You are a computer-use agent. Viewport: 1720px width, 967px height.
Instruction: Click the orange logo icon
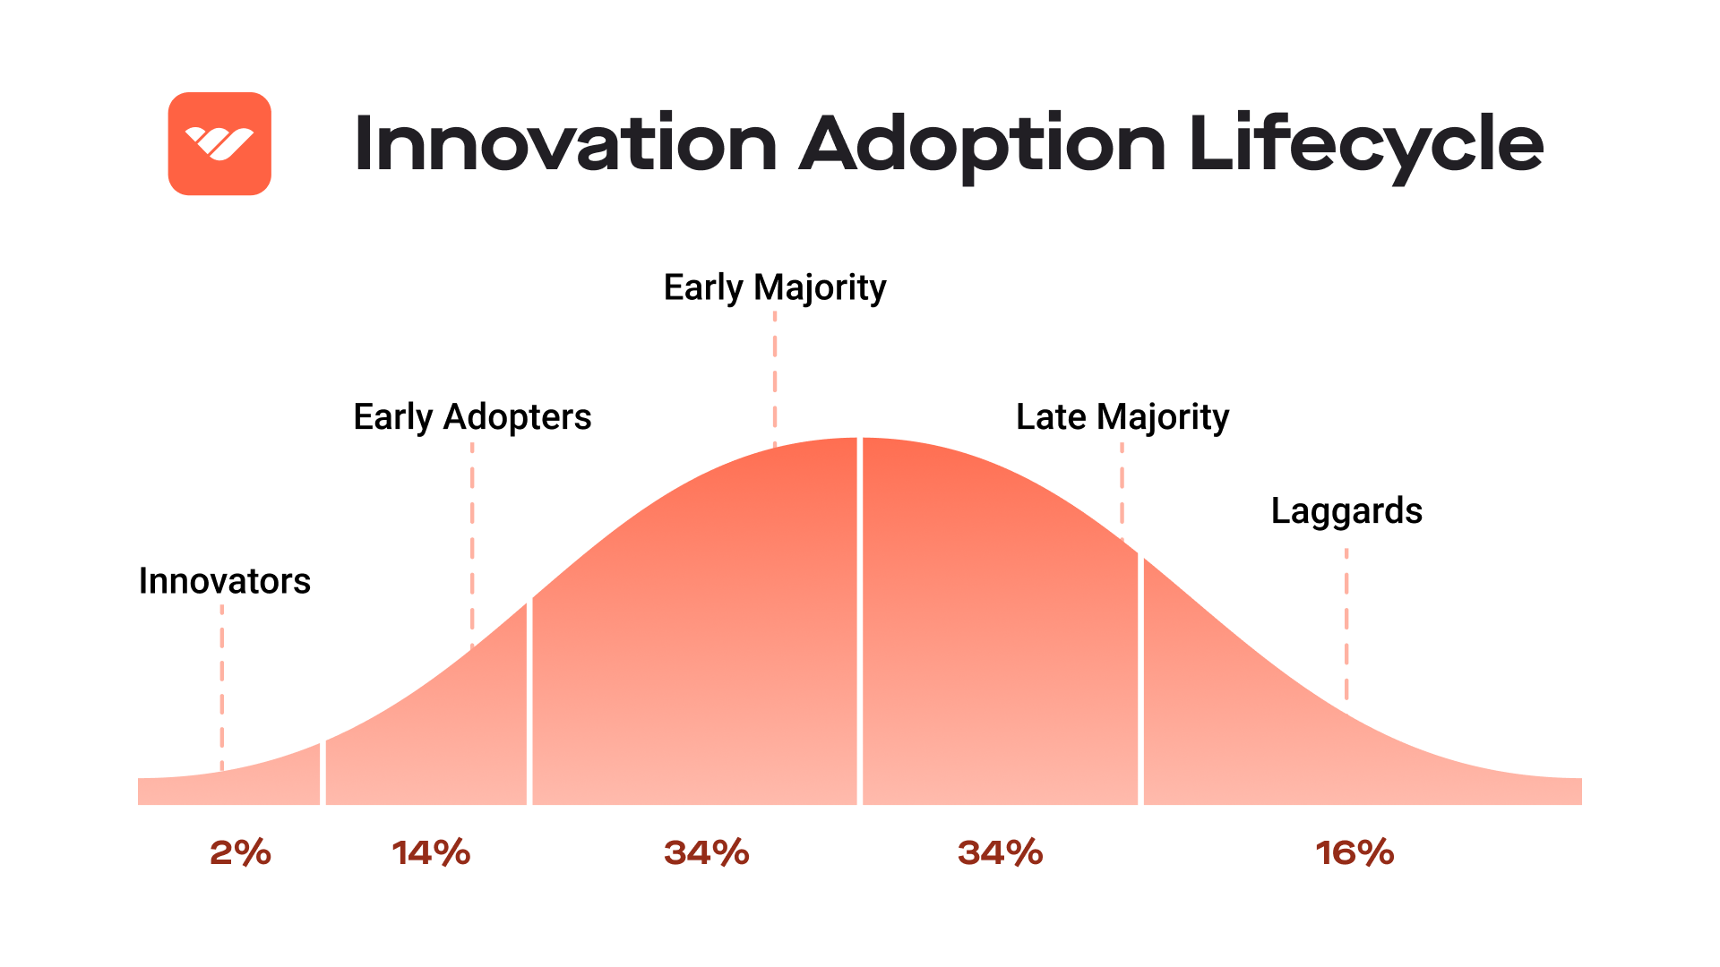[219, 143]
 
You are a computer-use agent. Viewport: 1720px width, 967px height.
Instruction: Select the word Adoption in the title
[982, 145]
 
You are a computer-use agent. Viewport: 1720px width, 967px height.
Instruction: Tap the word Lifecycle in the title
[1366, 145]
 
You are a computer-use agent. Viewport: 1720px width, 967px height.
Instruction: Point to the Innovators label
[224, 581]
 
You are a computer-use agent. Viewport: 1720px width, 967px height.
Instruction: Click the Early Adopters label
[472, 417]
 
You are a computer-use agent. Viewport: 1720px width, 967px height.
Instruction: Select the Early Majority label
[774, 287]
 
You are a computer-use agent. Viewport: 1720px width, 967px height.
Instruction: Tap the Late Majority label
[1122, 417]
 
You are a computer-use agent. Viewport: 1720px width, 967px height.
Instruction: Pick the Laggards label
[1346, 511]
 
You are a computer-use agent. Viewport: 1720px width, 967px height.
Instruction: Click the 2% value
[240, 852]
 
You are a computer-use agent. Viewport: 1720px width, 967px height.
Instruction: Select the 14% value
[431, 852]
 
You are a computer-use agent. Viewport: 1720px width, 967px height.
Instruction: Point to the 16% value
[1354, 852]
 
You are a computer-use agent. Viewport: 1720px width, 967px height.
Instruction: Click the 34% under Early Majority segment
[706, 852]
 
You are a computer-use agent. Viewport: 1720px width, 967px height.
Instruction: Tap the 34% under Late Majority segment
[1000, 852]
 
